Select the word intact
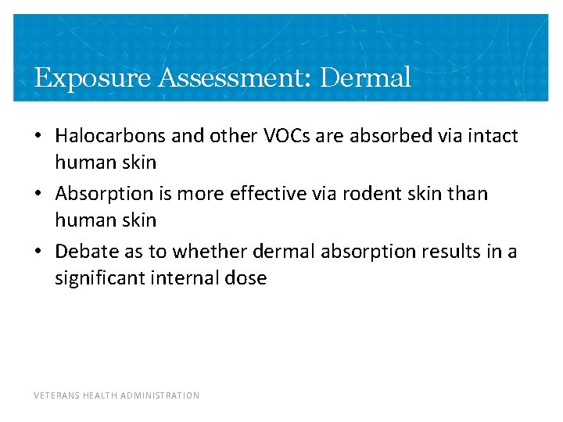(x=493, y=136)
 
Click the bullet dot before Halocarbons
(x=38, y=137)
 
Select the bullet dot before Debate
(x=38, y=252)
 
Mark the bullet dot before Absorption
(x=38, y=194)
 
